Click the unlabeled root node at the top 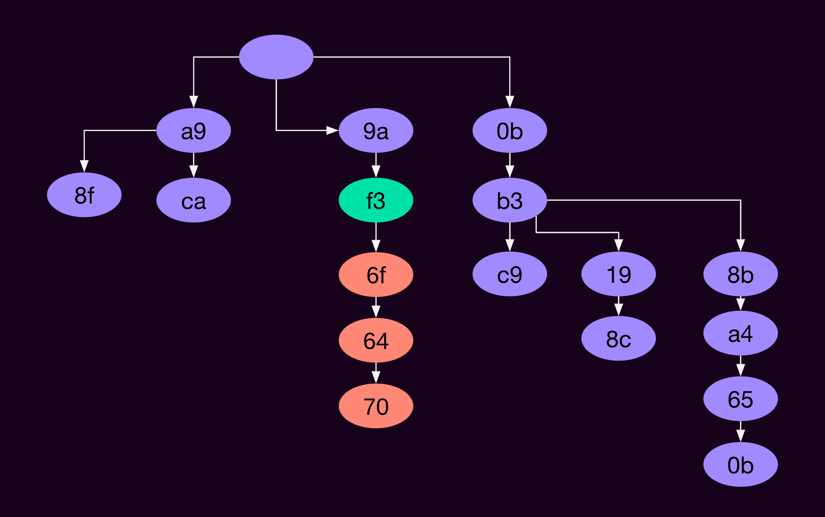tap(276, 57)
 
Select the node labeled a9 tap(194, 131)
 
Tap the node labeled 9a tap(376, 131)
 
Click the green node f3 tap(376, 200)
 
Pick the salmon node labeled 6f tap(376, 275)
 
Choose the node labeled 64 tap(376, 340)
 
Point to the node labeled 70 tap(376, 406)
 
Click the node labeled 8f tap(84, 195)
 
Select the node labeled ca tap(194, 200)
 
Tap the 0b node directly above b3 tap(509, 131)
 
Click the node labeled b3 tap(509, 200)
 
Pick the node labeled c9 tap(509, 274)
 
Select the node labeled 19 tap(618, 274)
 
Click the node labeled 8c tap(618, 339)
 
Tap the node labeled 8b tap(740, 274)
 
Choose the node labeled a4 tap(740, 334)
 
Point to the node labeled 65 tap(740, 399)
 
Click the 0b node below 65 tap(740, 465)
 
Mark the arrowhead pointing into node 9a tap(333, 131)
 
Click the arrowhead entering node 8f tap(84, 166)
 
